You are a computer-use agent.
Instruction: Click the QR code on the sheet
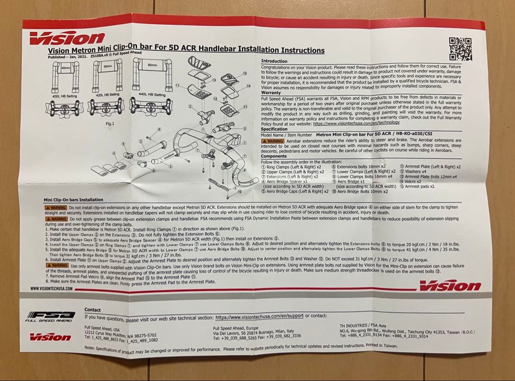[x=460, y=49]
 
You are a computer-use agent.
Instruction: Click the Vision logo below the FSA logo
[x=50, y=337]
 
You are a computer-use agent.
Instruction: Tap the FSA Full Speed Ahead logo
[x=50, y=316]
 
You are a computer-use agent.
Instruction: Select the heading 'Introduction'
[x=274, y=61]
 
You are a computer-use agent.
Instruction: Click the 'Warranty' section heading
[x=271, y=93]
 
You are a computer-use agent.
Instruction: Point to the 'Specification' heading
[x=274, y=129]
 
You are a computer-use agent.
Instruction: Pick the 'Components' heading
[x=274, y=156]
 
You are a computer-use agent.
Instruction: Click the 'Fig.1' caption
[x=110, y=124]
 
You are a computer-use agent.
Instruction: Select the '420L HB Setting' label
[x=107, y=95]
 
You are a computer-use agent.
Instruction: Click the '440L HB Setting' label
[x=152, y=94]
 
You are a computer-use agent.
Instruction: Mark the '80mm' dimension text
[x=153, y=64]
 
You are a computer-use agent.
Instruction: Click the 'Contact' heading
[x=93, y=310]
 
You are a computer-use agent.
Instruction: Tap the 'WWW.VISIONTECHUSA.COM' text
[x=51, y=288]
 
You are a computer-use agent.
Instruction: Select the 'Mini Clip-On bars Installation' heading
[x=73, y=200]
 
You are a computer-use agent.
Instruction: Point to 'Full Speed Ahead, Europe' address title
[x=236, y=328]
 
